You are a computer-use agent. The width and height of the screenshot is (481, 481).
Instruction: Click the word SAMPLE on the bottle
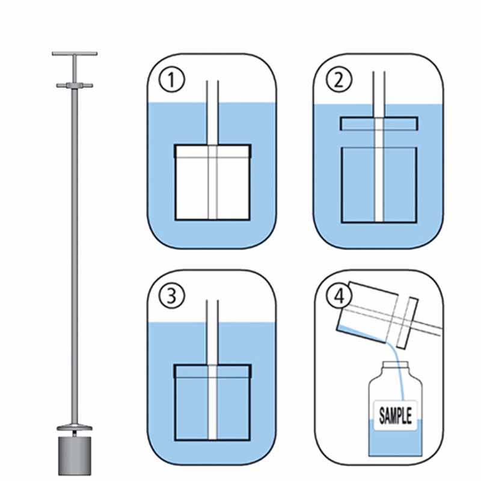click(396, 415)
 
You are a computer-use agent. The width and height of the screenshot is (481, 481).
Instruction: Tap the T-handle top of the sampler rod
click(75, 55)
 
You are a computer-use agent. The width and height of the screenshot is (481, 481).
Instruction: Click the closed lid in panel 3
click(212, 370)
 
